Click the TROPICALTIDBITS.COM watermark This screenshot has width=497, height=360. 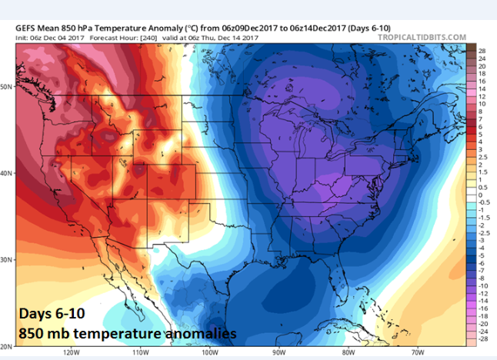click(423, 36)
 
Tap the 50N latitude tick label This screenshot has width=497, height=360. click(6, 86)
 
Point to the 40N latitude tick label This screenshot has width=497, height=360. click(6, 173)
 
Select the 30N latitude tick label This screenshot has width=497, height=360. click(6, 260)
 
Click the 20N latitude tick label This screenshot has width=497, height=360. click(6, 346)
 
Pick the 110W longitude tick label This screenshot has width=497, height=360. click(139, 354)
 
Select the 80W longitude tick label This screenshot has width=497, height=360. click(349, 354)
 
